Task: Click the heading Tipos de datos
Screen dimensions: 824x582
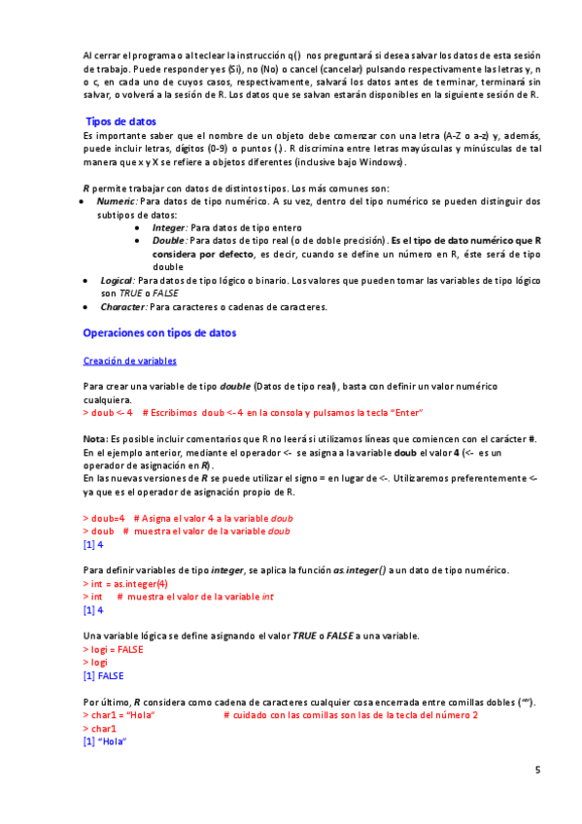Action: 121,122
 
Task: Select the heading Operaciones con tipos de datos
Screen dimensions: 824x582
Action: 159,332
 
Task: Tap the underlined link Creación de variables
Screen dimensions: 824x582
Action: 129,360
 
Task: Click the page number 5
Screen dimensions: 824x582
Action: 537,770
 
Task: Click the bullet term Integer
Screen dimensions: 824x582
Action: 169,226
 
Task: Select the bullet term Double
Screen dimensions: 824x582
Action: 169,239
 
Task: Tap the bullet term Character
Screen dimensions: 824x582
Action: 123,307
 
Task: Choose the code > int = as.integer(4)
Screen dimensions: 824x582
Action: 125,584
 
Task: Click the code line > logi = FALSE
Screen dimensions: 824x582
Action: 113,649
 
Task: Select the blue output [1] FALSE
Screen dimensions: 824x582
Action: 104,675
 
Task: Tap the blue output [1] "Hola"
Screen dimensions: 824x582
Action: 106,740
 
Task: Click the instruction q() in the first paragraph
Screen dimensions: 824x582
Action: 289,55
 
